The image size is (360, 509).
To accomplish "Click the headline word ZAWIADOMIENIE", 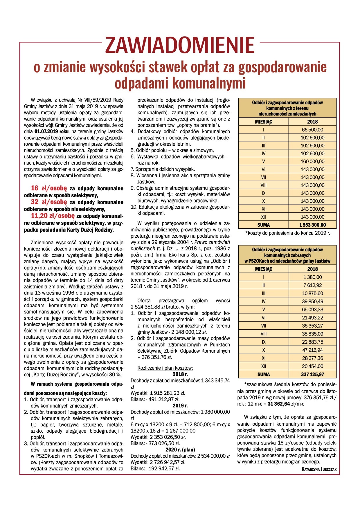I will click(180, 45).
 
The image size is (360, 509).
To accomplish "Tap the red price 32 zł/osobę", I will click(49, 202).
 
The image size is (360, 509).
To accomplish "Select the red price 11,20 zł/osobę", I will click(53, 216).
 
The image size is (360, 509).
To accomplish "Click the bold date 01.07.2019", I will click(47, 131).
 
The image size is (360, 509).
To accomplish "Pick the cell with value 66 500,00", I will click(312, 130).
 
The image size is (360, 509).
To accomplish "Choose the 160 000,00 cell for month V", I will click(312, 161).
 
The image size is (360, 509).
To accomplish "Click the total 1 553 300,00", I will click(312, 225).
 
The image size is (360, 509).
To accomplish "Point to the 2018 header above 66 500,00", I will click(312, 122).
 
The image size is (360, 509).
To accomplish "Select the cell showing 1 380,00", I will click(312, 277).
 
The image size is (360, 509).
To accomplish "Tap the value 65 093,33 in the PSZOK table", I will click(312, 310).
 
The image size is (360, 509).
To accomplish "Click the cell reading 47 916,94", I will click(312, 350).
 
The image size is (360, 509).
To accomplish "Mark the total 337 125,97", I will click(312, 374).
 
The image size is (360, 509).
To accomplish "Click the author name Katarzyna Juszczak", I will click(319, 469).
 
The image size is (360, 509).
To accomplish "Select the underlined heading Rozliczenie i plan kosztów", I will click(165, 368).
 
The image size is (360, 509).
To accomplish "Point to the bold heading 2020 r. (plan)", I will click(180, 450).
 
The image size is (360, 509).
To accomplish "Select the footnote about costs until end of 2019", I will click(287, 233).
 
